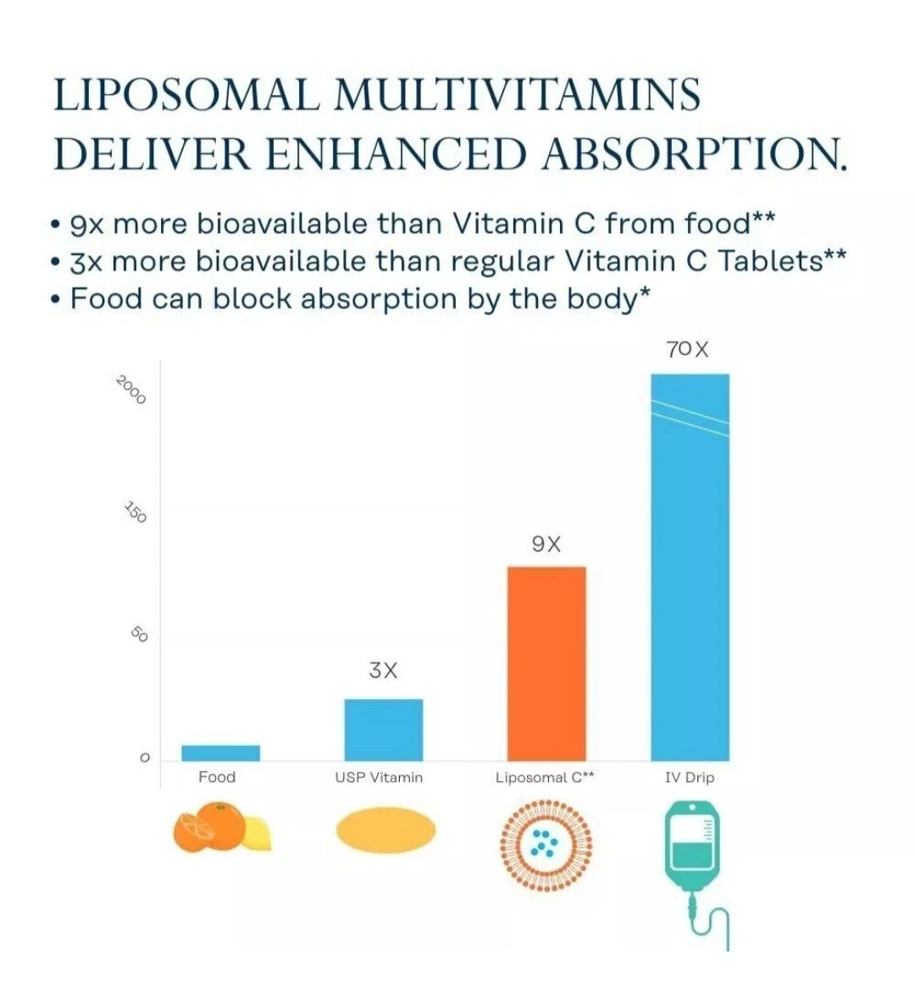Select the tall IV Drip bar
click(x=690, y=568)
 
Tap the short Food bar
click(x=220, y=753)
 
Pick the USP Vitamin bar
click(x=383, y=729)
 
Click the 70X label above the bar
click(x=687, y=349)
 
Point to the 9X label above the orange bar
click(x=546, y=544)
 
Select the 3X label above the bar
click(x=383, y=670)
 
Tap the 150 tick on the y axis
click(x=136, y=513)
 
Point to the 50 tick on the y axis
click(x=140, y=635)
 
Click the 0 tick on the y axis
click(x=144, y=757)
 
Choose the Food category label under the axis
click(x=217, y=777)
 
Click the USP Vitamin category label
click(x=379, y=777)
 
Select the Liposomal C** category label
click(x=545, y=777)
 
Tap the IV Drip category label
click(x=690, y=777)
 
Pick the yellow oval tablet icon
click(x=385, y=830)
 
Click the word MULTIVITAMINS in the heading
click(x=518, y=95)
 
